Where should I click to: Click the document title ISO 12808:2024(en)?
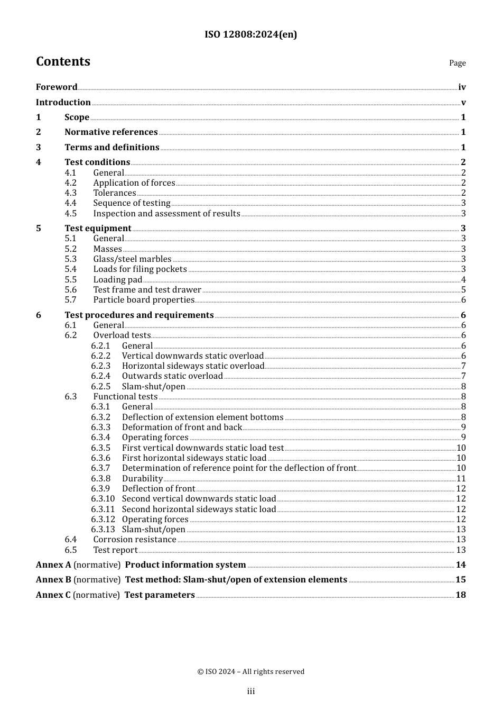coord(250,34)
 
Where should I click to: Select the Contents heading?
coord(63,61)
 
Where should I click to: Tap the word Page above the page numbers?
coord(457,63)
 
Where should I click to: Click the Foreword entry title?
coord(57,87)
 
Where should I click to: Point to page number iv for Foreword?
coord(462,87)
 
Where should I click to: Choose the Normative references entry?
coord(111,132)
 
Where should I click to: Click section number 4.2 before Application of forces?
coord(71,183)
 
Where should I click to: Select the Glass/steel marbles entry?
coord(132,259)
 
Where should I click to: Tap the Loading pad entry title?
coord(117,280)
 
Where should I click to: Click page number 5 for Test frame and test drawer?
coord(463,290)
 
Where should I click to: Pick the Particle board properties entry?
coord(144,300)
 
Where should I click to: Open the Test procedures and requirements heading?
coord(139,315)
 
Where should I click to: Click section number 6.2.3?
coord(100,366)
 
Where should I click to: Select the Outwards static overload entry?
coord(172,376)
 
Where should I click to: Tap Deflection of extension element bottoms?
coord(202,417)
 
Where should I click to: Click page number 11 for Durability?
coord(461,479)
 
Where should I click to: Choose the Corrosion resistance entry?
coord(135,540)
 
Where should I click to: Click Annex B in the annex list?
coord(53,580)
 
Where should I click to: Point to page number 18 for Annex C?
coord(461,595)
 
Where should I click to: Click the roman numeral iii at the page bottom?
coord(251,691)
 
